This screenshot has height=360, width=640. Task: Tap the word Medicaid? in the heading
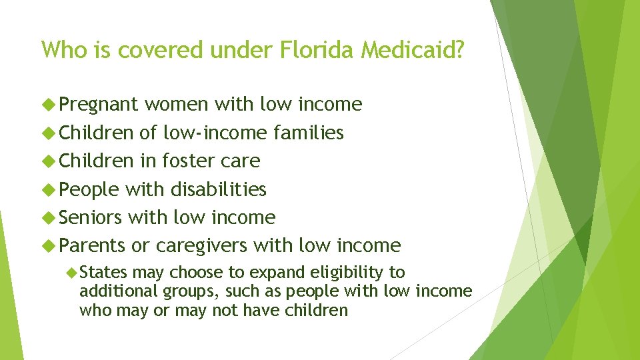411,50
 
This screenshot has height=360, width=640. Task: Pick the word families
309,133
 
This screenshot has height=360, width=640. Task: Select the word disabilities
218,190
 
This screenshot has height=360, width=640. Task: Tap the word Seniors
91,218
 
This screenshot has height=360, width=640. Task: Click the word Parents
92,246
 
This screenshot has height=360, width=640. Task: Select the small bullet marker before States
73,273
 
